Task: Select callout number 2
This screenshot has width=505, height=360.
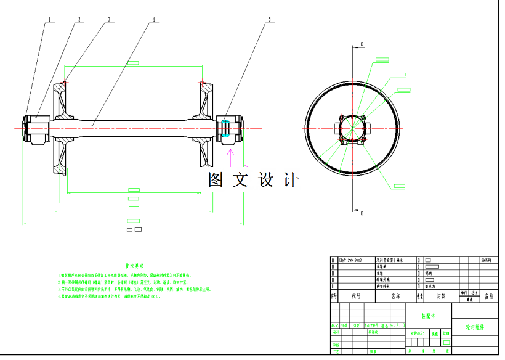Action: pyautogui.click(x=79, y=19)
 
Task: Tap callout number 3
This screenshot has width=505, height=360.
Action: pyautogui.click(x=109, y=19)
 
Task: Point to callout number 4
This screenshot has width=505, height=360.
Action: pyautogui.click(x=153, y=19)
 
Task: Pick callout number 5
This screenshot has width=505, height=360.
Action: pyautogui.click(x=269, y=19)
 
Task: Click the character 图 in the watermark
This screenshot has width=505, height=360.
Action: pyautogui.click(x=216, y=180)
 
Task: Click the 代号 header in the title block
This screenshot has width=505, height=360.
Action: pyautogui.click(x=356, y=296)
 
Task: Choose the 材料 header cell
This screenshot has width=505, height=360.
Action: pyautogui.click(x=441, y=296)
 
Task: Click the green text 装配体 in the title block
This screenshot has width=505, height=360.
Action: pyautogui.click(x=427, y=314)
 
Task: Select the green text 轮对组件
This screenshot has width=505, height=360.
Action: pyautogui.click(x=475, y=327)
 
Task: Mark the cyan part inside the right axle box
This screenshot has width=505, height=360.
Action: pyautogui.click(x=227, y=128)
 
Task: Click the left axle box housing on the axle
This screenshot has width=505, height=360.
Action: pyautogui.click(x=36, y=128)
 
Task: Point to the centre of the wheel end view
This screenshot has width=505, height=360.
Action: pyautogui.click(x=352, y=128)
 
